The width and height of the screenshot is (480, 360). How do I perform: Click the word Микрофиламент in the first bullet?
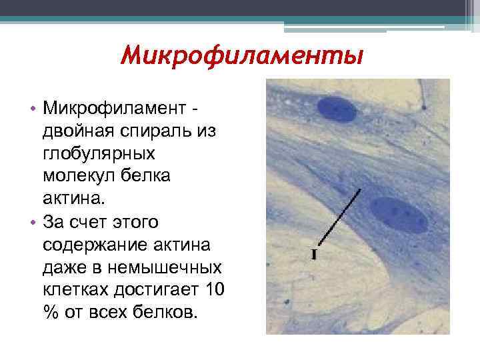click(115, 108)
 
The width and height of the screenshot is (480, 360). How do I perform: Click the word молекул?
click(73, 176)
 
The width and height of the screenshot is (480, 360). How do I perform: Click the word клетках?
click(73, 290)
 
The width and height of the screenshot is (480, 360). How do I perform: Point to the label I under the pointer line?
click(314, 254)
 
